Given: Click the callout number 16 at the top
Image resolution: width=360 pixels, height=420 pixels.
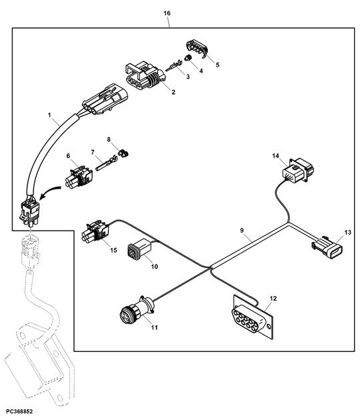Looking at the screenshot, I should click(x=167, y=13).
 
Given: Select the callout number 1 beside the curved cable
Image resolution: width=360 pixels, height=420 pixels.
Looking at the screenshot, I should click(x=49, y=115).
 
